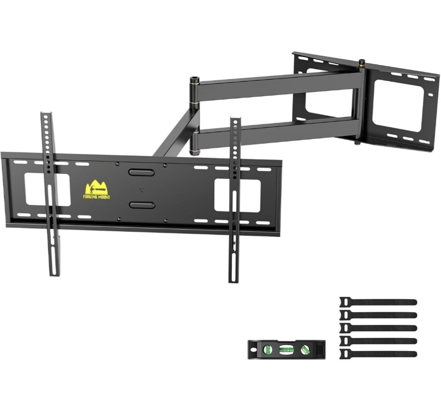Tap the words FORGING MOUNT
click(97, 197)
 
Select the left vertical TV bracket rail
click(51, 194)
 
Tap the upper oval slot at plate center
click(141, 172)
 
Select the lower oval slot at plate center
click(142, 205)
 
